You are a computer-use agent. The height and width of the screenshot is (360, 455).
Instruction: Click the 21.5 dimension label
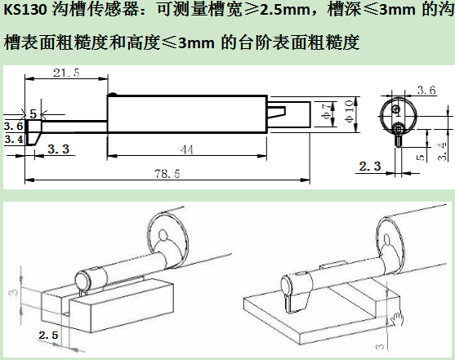click(x=66, y=73)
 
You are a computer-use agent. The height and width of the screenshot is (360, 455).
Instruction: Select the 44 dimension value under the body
click(x=186, y=149)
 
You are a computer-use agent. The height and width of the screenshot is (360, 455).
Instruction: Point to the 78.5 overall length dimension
click(x=167, y=174)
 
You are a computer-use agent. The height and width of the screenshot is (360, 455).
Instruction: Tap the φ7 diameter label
click(x=327, y=111)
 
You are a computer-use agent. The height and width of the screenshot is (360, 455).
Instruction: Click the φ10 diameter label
click(x=349, y=111)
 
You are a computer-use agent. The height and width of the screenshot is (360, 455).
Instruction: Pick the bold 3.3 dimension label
click(x=59, y=149)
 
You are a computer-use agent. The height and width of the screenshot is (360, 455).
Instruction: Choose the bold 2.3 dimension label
click(x=370, y=167)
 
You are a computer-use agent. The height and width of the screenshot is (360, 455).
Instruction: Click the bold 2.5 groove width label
click(x=48, y=335)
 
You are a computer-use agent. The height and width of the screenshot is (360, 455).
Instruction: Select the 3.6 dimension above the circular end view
click(x=426, y=91)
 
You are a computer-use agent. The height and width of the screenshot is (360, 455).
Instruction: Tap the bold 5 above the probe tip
click(x=33, y=114)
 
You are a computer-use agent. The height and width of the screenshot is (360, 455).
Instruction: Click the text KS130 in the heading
click(x=25, y=10)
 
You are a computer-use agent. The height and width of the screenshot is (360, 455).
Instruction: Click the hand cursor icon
click(x=397, y=319)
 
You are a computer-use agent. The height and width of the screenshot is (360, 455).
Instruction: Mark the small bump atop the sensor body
click(x=112, y=94)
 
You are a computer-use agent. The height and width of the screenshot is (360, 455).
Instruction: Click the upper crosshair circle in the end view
click(x=396, y=109)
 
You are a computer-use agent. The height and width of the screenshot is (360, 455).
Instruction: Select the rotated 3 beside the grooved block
click(x=14, y=291)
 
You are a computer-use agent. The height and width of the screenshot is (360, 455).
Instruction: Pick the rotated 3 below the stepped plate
click(x=380, y=346)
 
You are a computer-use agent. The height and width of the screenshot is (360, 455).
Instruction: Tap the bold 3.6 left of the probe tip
click(x=13, y=126)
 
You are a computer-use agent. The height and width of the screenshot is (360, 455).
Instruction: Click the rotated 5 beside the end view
click(x=421, y=158)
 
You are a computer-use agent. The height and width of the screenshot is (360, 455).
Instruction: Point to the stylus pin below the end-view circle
click(x=399, y=140)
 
